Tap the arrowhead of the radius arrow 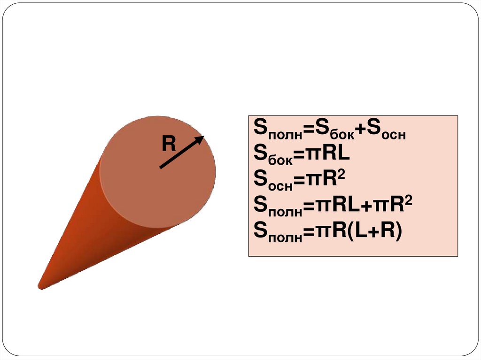201,138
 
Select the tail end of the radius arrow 161,167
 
